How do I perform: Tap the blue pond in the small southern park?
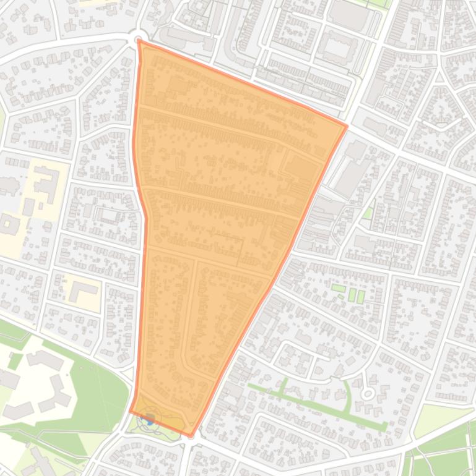[149, 420]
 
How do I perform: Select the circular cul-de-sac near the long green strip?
[368, 393]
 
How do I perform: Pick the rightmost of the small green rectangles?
[361, 296]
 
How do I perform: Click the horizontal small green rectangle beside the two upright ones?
[337, 288]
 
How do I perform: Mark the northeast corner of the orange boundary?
[346, 126]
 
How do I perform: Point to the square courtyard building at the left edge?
[9, 224]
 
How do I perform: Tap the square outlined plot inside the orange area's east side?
[301, 168]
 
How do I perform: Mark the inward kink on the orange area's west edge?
[146, 216]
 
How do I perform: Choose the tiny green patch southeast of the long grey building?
[368, 213]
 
